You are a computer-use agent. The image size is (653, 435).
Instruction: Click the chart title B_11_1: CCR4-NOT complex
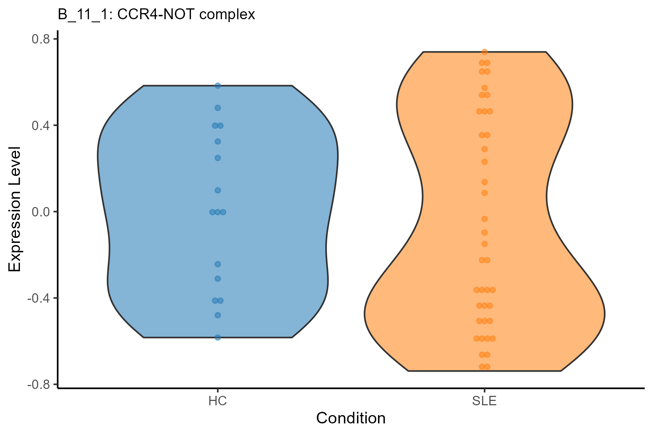(x=156, y=14)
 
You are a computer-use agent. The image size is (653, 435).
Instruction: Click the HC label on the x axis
(x=218, y=401)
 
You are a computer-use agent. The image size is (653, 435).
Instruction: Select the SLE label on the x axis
(x=484, y=401)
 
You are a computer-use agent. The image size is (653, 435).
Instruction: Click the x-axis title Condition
(x=351, y=418)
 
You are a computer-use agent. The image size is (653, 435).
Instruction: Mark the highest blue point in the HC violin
(x=218, y=86)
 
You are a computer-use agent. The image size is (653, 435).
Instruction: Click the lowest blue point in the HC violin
(x=218, y=337)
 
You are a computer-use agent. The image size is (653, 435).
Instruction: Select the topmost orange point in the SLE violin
(x=484, y=52)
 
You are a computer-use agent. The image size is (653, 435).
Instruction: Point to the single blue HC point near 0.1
(x=218, y=190)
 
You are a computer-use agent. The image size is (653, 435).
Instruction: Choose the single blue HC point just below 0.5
(x=218, y=108)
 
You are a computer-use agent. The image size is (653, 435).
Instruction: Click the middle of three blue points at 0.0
(x=218, y=212)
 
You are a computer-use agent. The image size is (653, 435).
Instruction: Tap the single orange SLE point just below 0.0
(x=484, y=219)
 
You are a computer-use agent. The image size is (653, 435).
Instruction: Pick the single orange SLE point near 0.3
(x=484, y=149)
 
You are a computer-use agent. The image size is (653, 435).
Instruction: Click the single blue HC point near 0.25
(x=218, y=158)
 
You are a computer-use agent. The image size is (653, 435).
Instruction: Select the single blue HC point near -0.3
(x=218, y=279)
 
